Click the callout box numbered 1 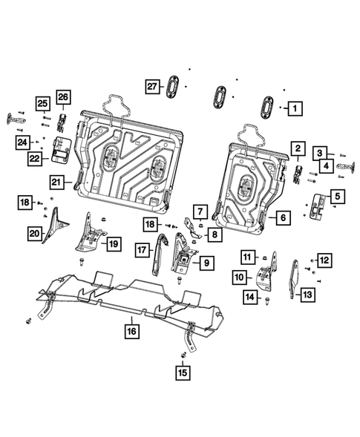[x=295, y=108]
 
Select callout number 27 [x=151, y=86]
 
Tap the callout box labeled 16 [x=130, y=331]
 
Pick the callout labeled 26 [x=62, y=98]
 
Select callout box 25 [x=43, y=103]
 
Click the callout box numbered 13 [x=307, y=295]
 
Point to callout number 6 [x=282, y=217]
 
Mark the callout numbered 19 [x=113, y=243]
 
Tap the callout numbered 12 [x=324, y=259]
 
